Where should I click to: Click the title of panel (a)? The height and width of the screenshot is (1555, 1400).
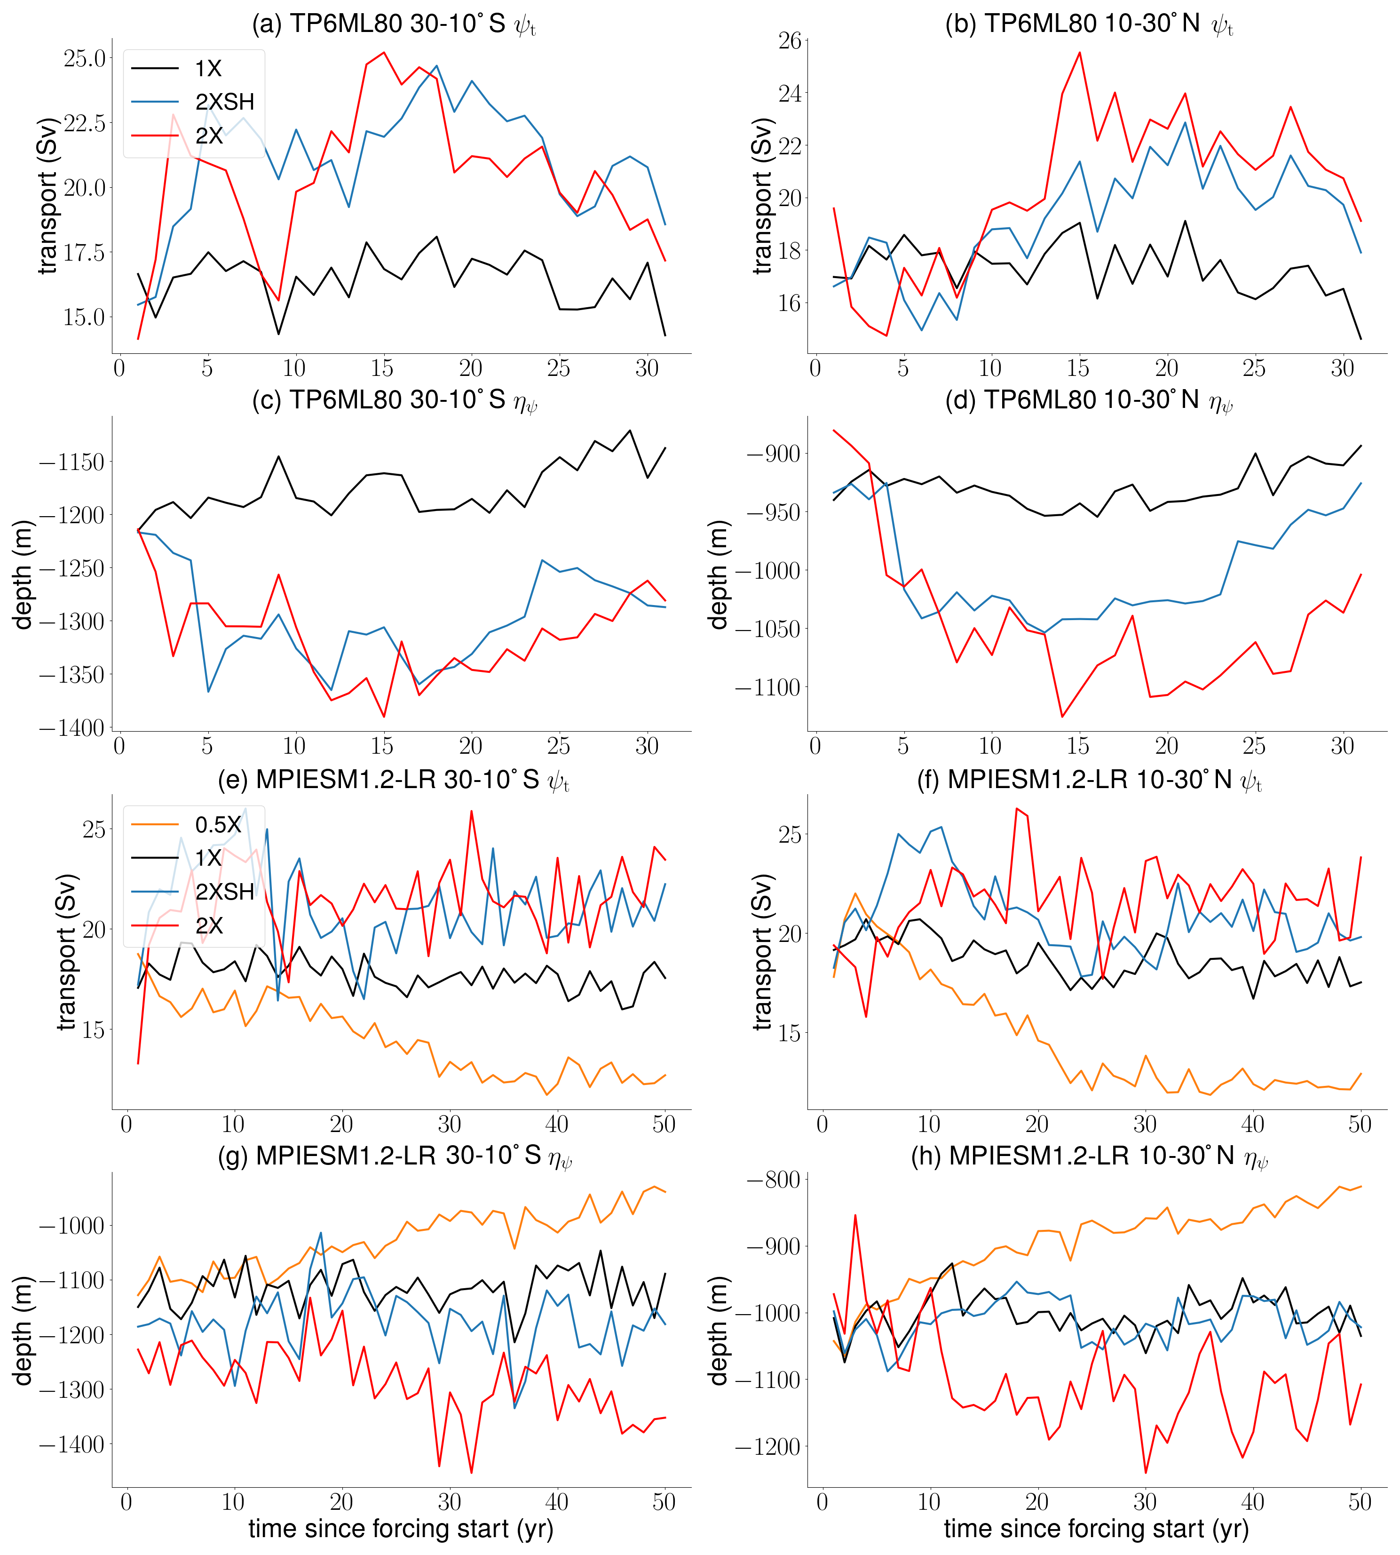pos(394,24)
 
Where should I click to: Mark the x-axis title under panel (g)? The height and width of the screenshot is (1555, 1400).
pos(401,1528)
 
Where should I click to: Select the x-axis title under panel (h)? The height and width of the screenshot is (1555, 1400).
pos(1096,1528)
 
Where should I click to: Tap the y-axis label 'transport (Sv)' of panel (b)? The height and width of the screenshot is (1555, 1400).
pos(761,196)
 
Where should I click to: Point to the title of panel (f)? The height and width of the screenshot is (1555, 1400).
pos(1089,780)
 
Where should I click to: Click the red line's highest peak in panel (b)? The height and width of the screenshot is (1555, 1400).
pos(1079,53)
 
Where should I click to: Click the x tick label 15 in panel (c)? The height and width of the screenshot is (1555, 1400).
pos(382,746)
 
